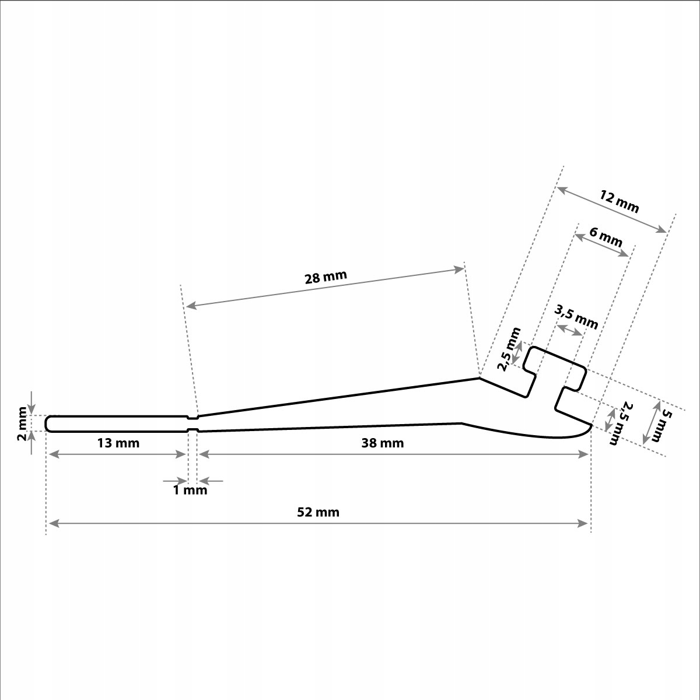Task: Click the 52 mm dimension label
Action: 318,513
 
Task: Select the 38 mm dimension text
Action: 383,443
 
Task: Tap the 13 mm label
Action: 118,443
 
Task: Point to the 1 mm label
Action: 190,491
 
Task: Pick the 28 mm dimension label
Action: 326,277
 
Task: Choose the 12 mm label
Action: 619,202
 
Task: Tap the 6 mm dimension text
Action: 605,237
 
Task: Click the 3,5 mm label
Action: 576,317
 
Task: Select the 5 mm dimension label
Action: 666,425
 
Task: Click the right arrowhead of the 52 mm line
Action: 583,523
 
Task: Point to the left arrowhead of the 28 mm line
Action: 191,306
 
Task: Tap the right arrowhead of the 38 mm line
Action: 583,454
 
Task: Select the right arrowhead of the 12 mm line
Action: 661,229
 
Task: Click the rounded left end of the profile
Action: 48,423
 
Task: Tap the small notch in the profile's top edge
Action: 192,418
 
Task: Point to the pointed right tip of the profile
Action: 591,425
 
